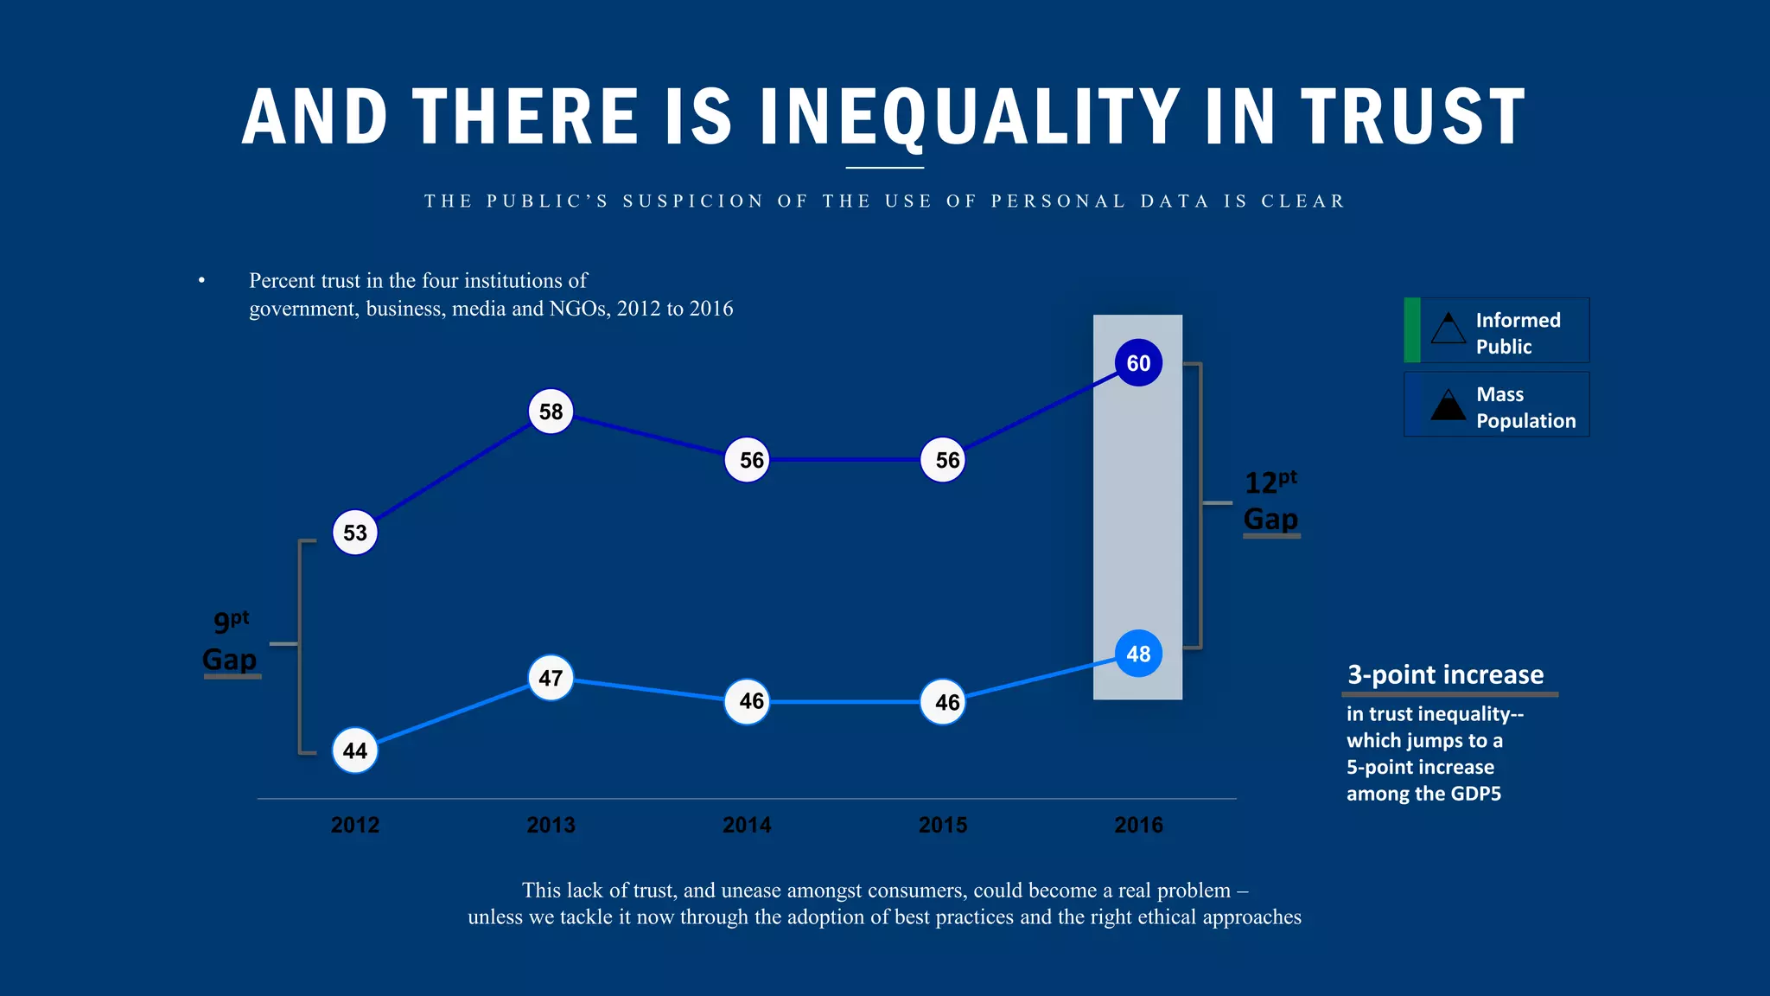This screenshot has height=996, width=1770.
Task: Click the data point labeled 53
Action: click(355, 533)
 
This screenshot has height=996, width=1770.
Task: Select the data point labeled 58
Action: click(551, 412)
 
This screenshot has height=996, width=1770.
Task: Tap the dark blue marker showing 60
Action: click(1138, 363)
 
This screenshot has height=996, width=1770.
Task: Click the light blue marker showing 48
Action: click(1138, 654)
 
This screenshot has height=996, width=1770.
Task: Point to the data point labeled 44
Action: click(355, 750)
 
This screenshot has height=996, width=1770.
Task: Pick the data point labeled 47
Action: click(551, 678)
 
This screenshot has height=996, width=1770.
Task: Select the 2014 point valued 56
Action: click(748, 460)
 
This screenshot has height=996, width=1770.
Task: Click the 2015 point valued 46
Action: click(943, 702)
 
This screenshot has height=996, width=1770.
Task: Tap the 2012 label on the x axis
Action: click(355, 825)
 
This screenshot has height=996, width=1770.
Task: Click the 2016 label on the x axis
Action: click(1138, 825)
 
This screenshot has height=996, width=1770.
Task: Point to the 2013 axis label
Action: click(551, 825)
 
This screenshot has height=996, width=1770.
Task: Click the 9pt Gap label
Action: click(230, 642)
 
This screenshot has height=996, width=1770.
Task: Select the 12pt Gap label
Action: click(1270, 501)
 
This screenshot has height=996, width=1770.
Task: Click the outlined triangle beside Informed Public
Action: click(1448, 329)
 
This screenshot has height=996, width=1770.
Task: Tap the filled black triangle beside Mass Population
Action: click(1448, 405)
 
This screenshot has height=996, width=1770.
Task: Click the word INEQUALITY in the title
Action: click(970, 117)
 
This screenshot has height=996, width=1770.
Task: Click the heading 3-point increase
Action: click(1445, 674)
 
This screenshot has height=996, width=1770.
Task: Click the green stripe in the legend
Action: click(1412, 329)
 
